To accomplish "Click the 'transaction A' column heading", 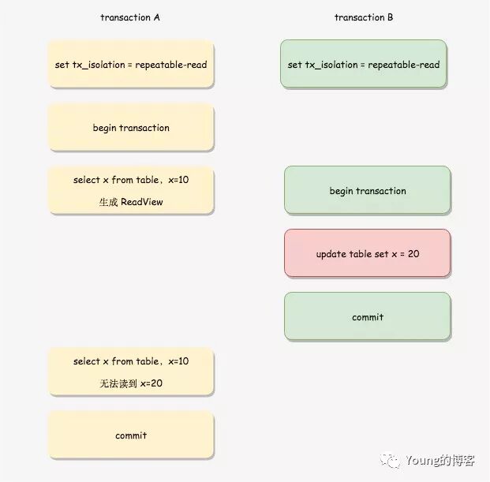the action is [x=130, y=17].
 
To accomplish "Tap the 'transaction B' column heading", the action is [x=364, y=17].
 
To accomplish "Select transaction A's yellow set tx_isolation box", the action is [x=131, y=64].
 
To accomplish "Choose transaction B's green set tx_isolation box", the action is [x=364, y=64].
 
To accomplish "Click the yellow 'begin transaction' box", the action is [x=131, y=127].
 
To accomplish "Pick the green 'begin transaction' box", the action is [x=368, y=190].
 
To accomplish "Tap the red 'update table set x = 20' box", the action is [x=368, y=254].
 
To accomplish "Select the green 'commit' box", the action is [x=368, y=317].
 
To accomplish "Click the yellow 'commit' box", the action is [x=131, y=435].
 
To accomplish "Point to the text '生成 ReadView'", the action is [x=131, y=202].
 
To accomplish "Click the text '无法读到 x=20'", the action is [x=131, y=383].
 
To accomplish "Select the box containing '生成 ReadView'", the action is [x=131, y=190].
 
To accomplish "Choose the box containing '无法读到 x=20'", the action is [x=131, y=372].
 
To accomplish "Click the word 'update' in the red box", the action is [x=331, y=254].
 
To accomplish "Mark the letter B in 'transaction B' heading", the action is [x=391, y=17].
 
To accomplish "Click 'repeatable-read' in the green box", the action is [x=403, y=64].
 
